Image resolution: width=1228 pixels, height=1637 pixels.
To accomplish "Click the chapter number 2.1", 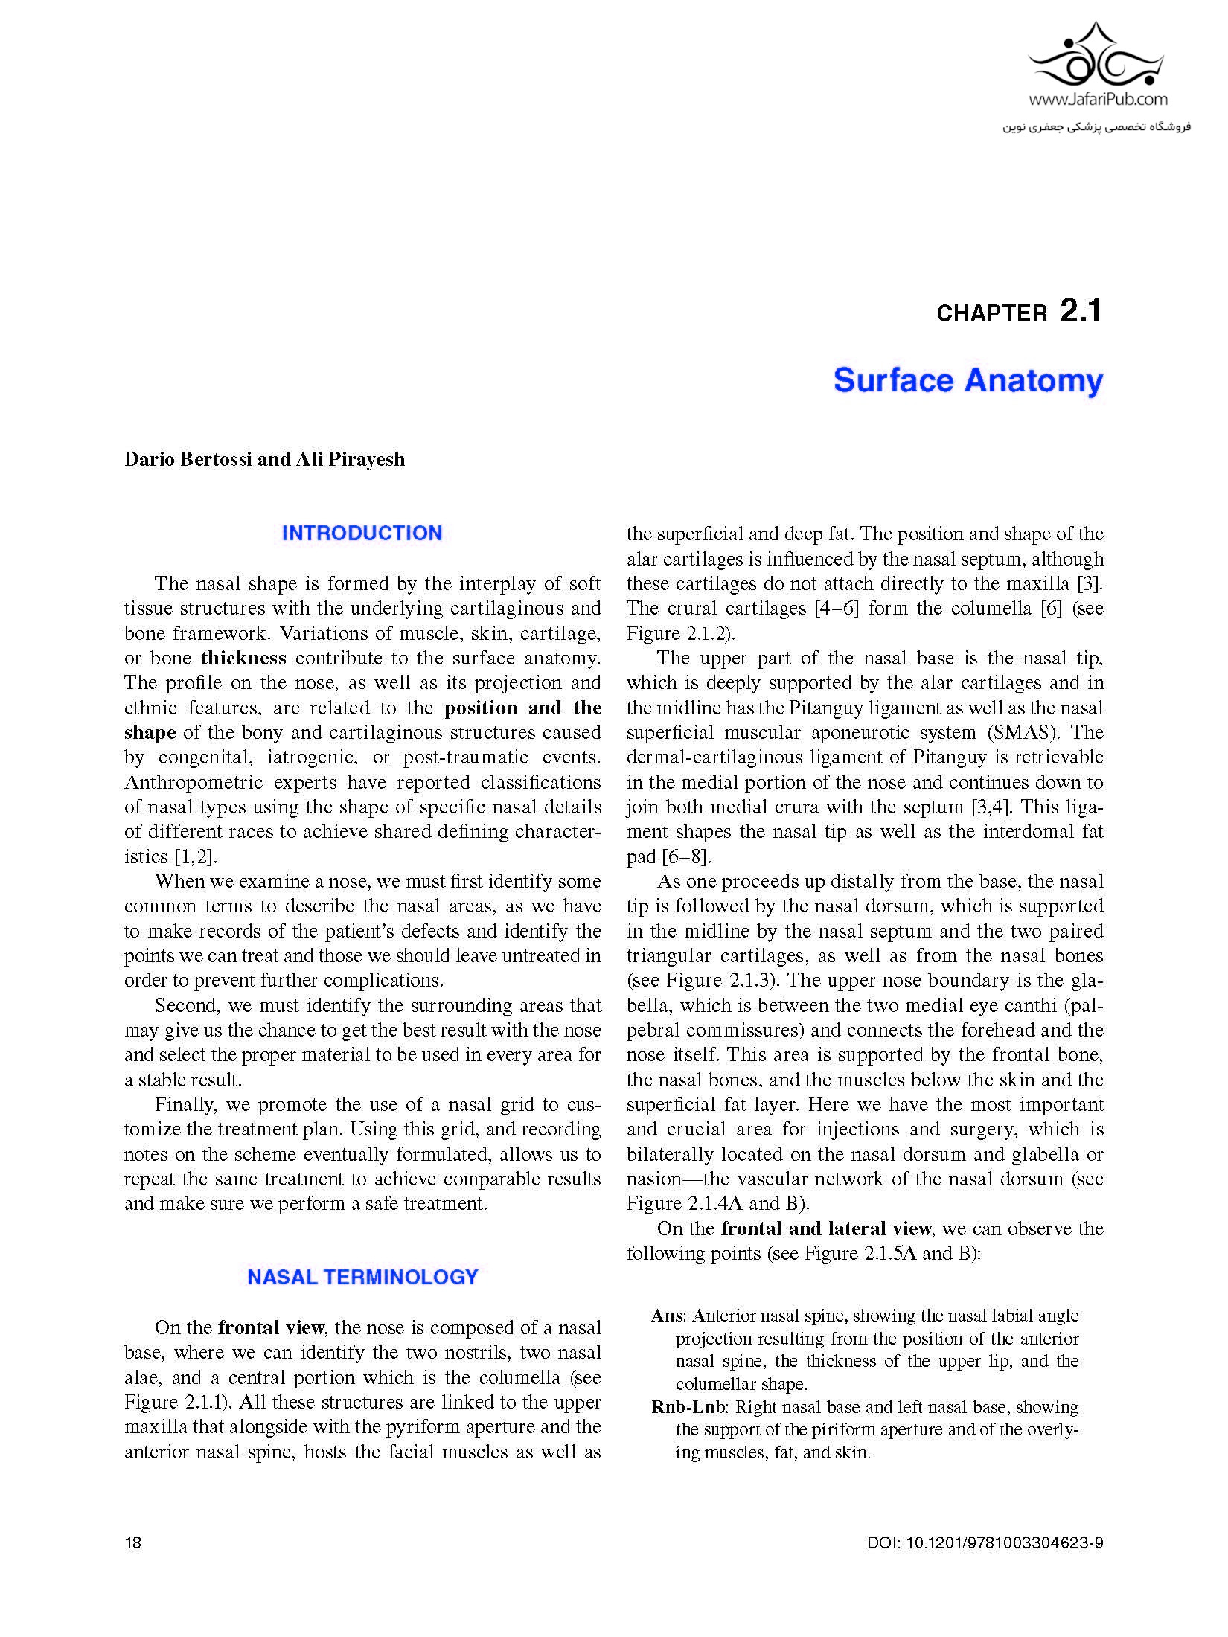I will pyautogui.click(x=1080, y=311).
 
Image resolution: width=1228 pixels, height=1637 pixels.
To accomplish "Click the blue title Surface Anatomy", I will pyautogui.click(x=968, y=380).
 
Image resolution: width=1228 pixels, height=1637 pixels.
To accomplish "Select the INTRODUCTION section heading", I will pyautogui.click(x=362, y=533).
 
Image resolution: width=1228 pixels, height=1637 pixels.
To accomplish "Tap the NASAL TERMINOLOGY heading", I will pyautogui.click(x=362, y=1277).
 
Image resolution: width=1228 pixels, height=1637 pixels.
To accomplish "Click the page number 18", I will pyautogui.click(x=132, y=1543).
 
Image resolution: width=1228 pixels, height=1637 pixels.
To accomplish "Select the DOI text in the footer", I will pyautogui.click(x=985, y=1543).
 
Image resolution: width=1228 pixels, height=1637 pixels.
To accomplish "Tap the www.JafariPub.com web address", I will pyautogui.click(x=1099, y=99).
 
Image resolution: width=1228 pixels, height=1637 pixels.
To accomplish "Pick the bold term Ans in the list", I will pyautogui.click(x=667, y=1316).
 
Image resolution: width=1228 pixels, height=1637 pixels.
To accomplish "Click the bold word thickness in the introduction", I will pyautogui.click(x=243, y=658).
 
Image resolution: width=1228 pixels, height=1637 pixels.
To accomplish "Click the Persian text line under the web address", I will pyautogui.click(x=1096, y=127).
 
